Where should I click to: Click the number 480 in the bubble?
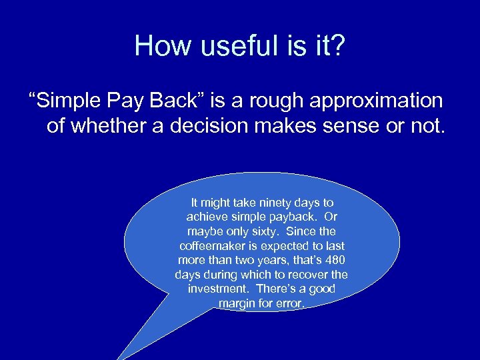pyautogui.click(x=335, y=260)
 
